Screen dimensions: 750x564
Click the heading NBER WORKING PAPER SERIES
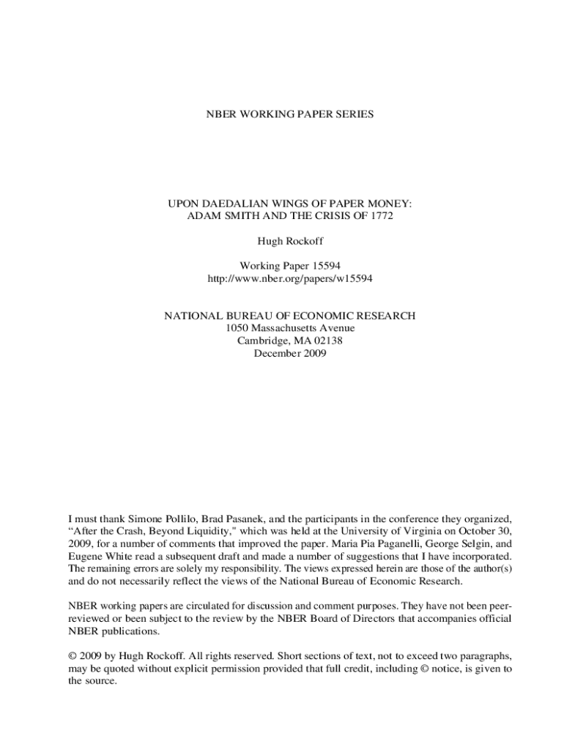click(x=289, y=114)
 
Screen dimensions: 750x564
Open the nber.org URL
click(x=289, y=278)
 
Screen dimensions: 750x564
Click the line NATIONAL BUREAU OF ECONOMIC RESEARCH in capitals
click(x=289, y=316)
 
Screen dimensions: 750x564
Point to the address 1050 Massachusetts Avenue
click(x=289, y=328)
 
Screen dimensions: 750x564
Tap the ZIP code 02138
click(x=327, y=341)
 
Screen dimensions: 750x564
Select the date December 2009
click(x=289, y=353)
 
